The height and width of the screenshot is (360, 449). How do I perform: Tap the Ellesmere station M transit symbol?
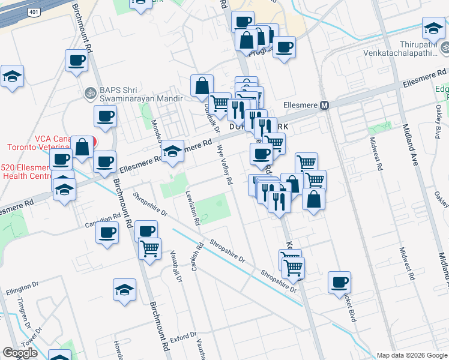point(325,105)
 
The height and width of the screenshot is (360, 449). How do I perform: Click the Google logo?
point(20,353)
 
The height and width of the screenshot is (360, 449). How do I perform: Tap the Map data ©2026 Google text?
point(412,355)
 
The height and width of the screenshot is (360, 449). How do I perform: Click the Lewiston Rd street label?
point(193,208)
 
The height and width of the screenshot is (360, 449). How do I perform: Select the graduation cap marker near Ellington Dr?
point(124,289)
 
